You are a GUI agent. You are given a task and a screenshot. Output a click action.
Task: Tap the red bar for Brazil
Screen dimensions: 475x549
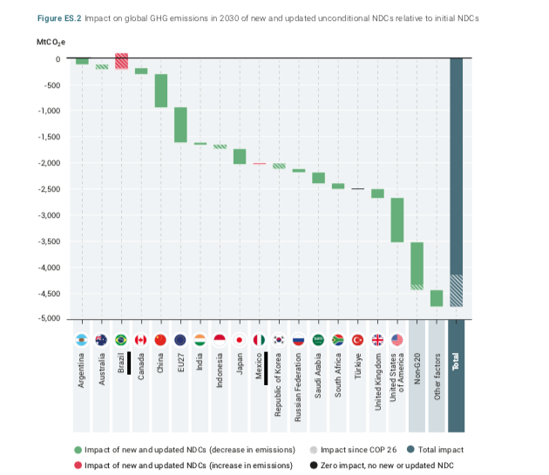pos(121,61)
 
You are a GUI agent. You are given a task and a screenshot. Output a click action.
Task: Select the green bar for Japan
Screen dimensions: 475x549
pos(240,157)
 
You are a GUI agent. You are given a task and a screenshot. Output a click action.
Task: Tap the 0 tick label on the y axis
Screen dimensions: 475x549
pos(58,59)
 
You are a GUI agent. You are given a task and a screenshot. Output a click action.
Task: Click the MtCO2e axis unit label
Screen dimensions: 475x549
pos(50,40)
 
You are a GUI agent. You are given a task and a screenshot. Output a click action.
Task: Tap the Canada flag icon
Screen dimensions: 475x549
pos(140,340)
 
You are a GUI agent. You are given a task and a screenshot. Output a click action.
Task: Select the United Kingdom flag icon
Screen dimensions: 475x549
pos(377,340)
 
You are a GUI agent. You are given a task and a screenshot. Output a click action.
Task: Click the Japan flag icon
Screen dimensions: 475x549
pos(240,340)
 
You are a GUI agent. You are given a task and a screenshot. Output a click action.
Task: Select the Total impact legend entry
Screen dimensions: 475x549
pos(441,450)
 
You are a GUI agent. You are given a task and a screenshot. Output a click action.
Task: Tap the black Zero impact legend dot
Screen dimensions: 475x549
pos(313,465)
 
